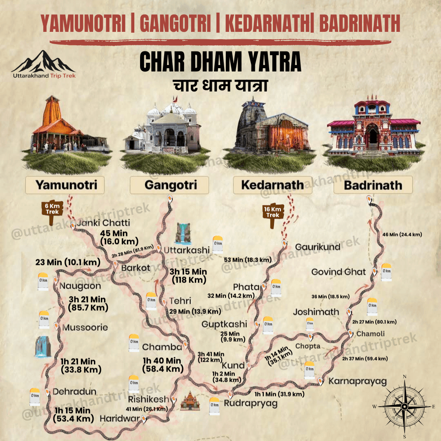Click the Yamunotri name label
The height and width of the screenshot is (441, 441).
point(66,185)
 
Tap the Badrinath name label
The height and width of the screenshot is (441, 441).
point(373,185)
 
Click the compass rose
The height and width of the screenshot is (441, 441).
point(404,406)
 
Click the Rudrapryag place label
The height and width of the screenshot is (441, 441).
point(251,403)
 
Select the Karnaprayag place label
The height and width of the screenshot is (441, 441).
point(357,381)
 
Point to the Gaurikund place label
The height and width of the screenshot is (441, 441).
point(318,247)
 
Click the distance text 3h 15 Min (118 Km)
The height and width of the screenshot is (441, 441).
point(189,276)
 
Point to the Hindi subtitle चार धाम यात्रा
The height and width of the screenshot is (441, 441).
point(220,86)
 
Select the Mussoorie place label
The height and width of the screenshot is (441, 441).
point(85,327)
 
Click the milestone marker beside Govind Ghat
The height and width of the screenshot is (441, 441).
point(386,272)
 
